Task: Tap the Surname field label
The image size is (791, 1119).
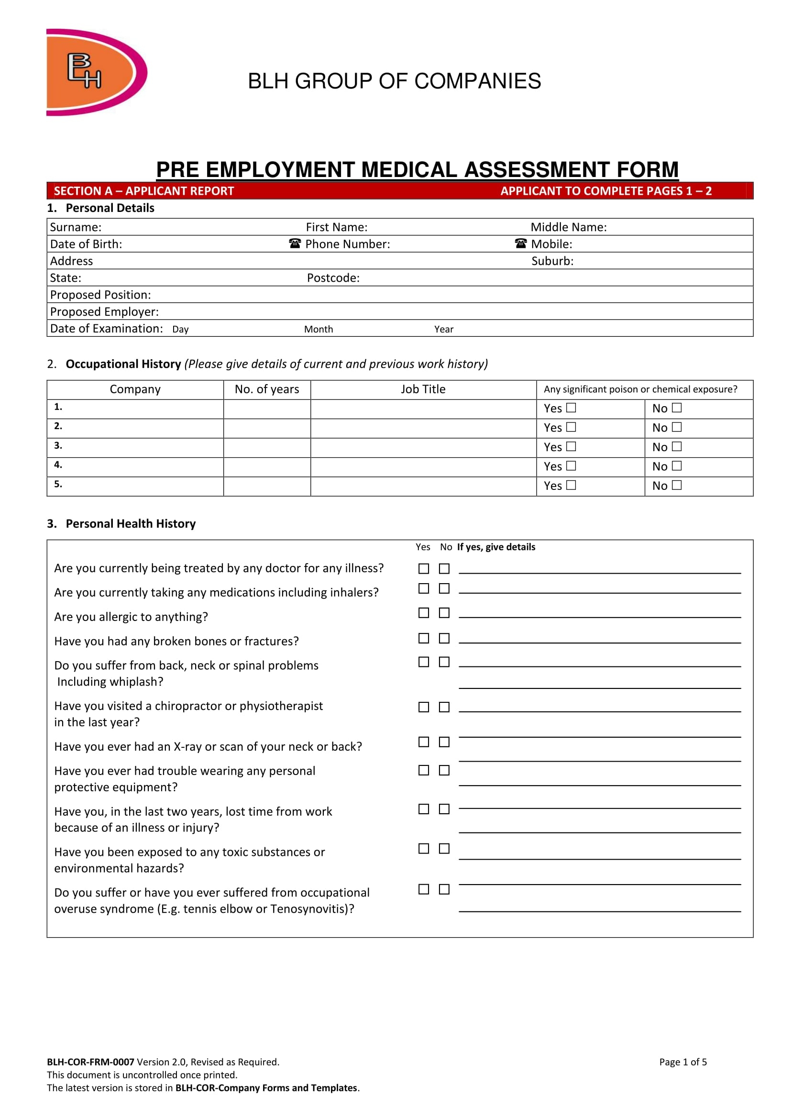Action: [76, 227]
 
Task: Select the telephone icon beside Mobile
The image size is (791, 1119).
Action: [521, 243]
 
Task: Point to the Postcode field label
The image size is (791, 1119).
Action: [333, 278]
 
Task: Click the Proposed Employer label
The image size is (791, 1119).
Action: [104, 311]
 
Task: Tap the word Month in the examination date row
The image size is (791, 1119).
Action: [319, 330]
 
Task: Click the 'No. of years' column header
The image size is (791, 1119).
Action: [267, 389]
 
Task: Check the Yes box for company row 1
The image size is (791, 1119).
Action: [571, 408]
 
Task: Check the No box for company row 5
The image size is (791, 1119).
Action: [677, 485]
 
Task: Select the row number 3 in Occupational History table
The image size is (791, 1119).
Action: [58, 445]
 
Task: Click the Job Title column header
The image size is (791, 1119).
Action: [423, 389]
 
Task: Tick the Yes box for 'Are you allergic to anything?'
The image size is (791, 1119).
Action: [424, 613]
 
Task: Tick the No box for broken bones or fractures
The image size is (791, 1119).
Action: [444, 638]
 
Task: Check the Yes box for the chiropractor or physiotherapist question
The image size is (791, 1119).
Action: [424, 707]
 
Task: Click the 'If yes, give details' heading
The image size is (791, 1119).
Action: [496, 547]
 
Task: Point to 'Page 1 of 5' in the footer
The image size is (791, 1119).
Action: [683, 1062]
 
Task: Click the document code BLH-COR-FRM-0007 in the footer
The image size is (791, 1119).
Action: [90, 1062]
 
